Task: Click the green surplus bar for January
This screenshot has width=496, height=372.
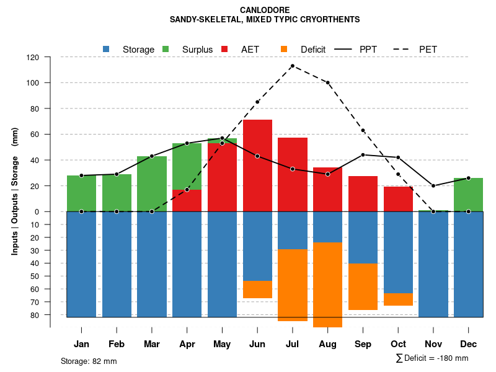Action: click(81, 193)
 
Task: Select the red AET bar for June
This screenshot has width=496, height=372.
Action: click(257, 166)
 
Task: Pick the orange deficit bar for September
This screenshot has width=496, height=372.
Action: click(363, 286)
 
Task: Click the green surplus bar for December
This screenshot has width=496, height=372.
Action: click(468, 195)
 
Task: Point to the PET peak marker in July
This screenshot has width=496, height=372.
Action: click(293, 66)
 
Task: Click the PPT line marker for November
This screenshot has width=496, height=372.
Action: click(433, 185)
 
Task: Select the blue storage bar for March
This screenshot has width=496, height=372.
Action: click(152, 264)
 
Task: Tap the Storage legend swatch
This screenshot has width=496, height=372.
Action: click(106, 49)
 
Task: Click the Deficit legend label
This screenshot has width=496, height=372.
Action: click(313, 49)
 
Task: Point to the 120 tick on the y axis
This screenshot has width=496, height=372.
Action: click(50, 57)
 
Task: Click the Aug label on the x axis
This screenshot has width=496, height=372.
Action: click(328, 344)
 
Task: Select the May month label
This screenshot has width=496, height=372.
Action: click(222, 344)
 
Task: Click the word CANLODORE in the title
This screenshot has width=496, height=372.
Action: click(264, 10)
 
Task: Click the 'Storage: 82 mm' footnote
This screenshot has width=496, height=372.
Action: click(89, 361)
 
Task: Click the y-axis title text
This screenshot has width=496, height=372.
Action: click(14, 190)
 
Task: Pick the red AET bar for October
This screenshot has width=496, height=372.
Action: click(399, 199)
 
